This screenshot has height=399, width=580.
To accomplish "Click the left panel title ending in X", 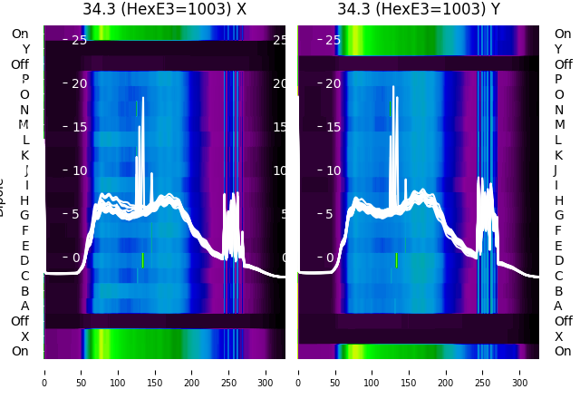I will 164,10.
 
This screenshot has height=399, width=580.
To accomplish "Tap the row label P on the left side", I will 24,80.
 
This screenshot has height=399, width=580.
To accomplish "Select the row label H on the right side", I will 558,200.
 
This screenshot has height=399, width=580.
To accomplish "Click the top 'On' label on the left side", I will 19,34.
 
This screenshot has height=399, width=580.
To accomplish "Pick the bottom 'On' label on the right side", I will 563,351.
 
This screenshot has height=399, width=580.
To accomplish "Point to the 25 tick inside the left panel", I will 79,40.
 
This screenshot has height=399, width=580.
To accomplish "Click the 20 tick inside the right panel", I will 333,83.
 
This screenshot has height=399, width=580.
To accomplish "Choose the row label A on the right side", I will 558,306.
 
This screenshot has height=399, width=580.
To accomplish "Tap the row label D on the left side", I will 24,261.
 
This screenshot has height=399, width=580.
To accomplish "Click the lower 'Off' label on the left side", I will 19,321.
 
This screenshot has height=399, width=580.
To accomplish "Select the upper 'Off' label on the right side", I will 563,64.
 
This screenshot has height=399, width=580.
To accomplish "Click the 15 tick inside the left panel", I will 79,127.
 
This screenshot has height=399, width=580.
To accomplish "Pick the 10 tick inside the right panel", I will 333,170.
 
